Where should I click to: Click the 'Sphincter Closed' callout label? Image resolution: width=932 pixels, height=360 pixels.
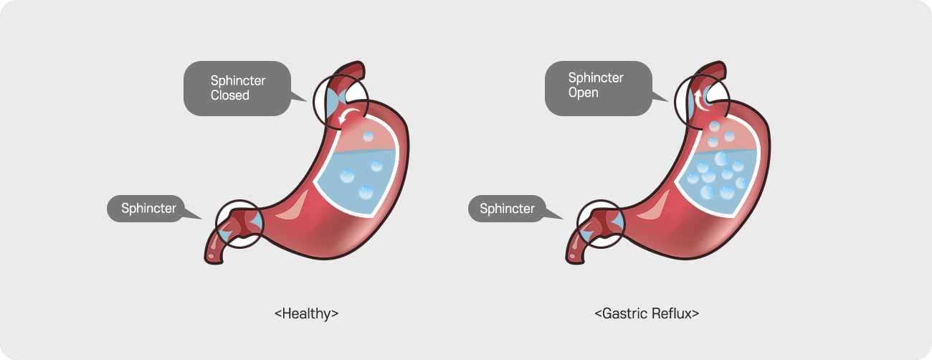pos(237,88)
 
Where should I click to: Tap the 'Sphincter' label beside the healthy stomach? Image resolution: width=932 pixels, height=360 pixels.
pos(148,209)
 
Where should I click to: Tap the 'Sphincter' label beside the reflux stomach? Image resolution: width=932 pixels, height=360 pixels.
pos(507,209)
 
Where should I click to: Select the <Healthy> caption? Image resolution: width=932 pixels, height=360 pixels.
pos(306,313)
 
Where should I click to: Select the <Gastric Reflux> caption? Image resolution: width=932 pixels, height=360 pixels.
pos(647,313)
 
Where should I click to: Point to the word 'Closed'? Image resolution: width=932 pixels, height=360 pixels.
pos(230,95)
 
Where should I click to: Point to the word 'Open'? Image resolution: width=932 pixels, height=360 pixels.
pos(584,93)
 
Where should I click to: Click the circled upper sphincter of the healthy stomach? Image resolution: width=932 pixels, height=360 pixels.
pos(338,103)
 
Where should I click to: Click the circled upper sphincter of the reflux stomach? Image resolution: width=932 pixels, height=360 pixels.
pos(700,103)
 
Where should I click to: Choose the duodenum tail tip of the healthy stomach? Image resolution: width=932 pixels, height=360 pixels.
pos(212,255)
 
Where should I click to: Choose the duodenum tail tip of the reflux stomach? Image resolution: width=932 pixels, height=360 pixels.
pos(571,255)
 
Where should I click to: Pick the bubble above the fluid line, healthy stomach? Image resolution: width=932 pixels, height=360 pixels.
pos(368,136)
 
